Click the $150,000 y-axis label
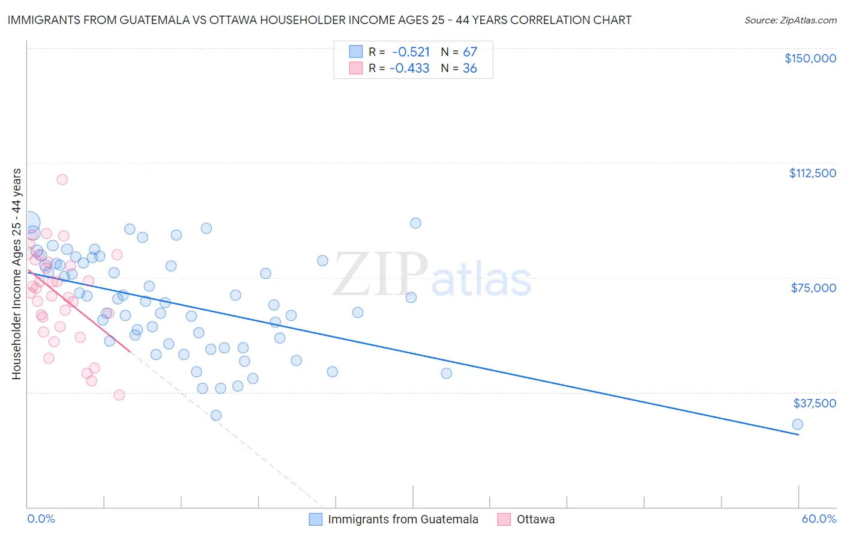(x=810, y=58)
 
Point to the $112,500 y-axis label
(x=812, y=173)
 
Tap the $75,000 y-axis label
(x=813, y=288)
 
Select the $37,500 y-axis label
(x=815, y=403)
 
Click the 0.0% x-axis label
(x=41, y=519)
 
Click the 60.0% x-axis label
(x=819, y=519)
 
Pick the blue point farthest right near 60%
(x=797, y=424)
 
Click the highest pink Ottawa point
(x=62, y=179)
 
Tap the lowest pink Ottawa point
(x=119, y=395)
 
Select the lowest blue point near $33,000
(x=216, y=415)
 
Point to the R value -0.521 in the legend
(x=411, y=52)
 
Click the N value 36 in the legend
(x=469, y=69)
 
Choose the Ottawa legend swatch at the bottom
(x=504, y=519)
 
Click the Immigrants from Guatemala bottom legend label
(x=403, y=519)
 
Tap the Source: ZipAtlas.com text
(x=790, y=20)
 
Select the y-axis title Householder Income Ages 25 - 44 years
(x=16, y=274)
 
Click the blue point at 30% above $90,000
(x=415, y=223)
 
